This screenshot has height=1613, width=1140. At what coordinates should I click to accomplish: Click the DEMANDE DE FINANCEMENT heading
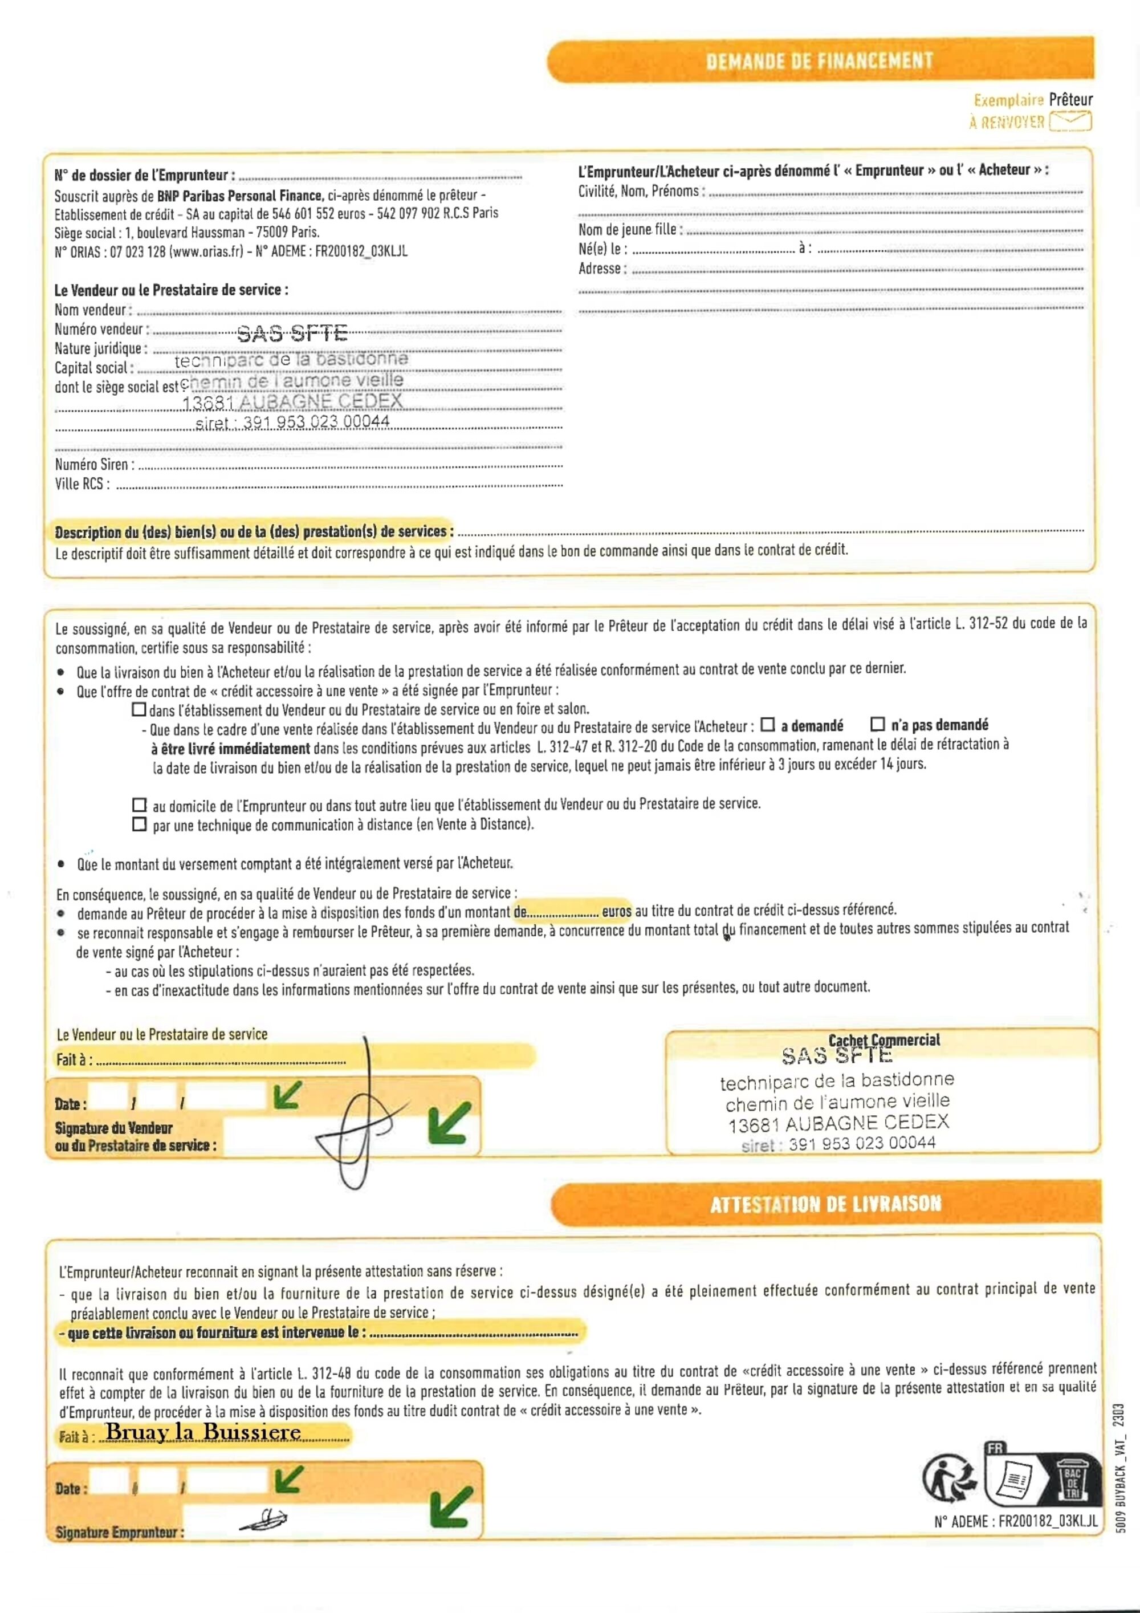pyautogui.click(x=820, y=61)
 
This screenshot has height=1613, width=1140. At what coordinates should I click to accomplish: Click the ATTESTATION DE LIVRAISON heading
pyautogui.click(x=825, y=1204)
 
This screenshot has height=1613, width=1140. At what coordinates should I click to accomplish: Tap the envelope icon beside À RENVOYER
pyautogui.click(x=1070, y=121)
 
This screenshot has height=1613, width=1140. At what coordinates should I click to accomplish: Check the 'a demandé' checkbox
pyautogui.click(x=768, y=724)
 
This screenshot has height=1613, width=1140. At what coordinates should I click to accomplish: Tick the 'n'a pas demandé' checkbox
pyautogui.click(x=877, y=724)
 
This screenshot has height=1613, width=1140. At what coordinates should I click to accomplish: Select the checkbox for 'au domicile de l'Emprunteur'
pyautogui.click(x=140, y=805)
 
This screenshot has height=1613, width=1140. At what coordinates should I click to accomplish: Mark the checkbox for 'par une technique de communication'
pyautogui.click(x=140, y=824)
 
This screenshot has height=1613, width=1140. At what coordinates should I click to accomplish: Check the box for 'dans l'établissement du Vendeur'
pyautogui.click(x=139, y=709)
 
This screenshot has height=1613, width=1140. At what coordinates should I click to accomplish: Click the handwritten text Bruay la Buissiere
pyautogui.click(x=203, y=1432)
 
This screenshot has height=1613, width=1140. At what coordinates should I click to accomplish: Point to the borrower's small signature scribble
pyautogui.click(x=264, y=1519)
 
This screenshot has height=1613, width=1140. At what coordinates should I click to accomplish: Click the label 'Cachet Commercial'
pyautogui.click(x=883, y=1041)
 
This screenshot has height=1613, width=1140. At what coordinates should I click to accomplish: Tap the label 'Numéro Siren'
pyautogui.click(x=91, y=464)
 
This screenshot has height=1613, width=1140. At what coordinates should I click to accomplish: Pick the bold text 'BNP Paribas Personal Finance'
pyautogui.click(x=239, y=196)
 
